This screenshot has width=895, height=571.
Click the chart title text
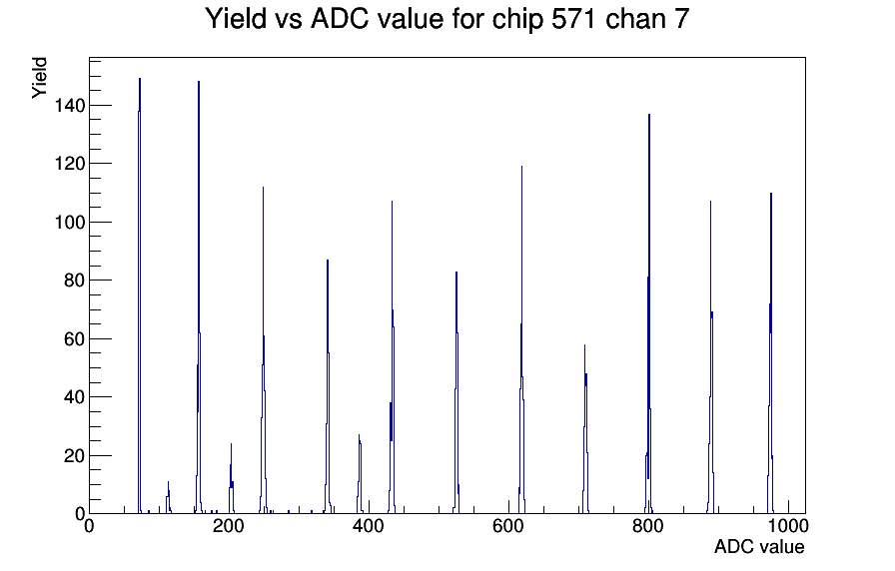447,19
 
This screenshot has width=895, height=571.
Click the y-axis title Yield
39,78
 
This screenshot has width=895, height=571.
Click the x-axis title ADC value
759,546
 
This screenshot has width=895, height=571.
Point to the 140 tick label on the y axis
70,106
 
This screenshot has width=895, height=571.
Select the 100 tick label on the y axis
70,222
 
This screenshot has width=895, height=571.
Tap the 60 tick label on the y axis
74,338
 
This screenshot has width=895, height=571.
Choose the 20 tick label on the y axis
74,456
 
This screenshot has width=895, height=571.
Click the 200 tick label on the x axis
229,525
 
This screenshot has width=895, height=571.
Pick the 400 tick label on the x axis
369,525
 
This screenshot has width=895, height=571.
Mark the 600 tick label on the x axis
508,525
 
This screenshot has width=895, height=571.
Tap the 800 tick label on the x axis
648,525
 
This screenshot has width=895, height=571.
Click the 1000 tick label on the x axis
788,525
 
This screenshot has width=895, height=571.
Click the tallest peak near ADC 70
139,295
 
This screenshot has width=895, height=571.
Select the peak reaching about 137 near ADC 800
649,313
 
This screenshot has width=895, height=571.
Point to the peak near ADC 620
521,339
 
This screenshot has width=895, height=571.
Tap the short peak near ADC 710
585,429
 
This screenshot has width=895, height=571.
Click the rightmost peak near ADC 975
770,352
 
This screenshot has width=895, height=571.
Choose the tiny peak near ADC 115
169,497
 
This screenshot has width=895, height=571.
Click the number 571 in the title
573,19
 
